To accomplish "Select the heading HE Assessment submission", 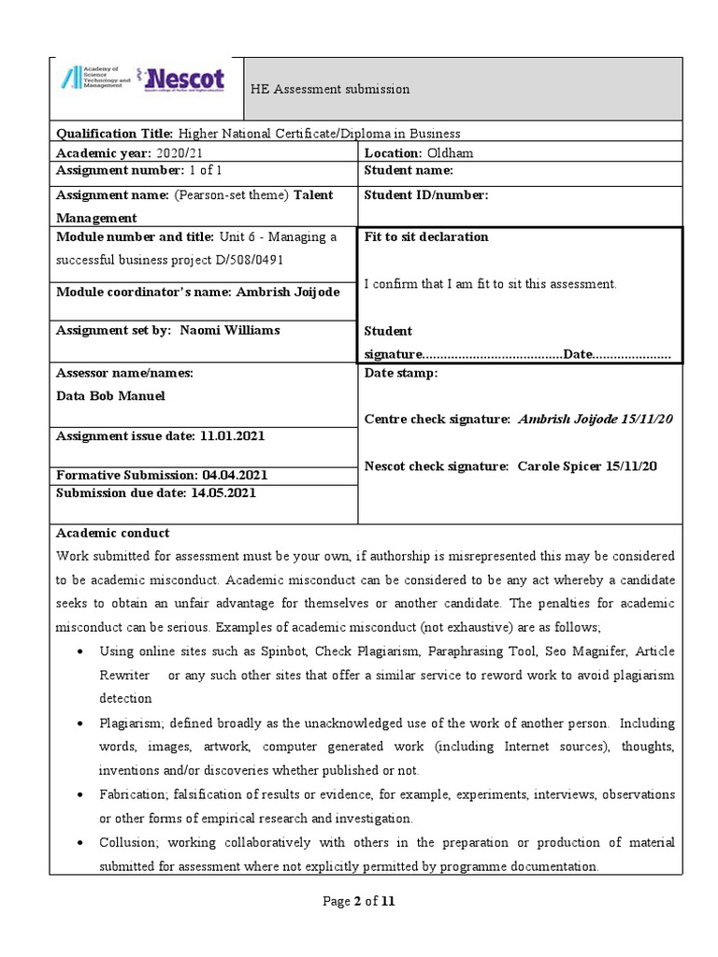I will (x=329, y=90).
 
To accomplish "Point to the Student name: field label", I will (x=409, y=170).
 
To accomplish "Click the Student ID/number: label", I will (x=425, y=195).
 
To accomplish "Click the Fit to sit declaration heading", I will (x=425, y=237).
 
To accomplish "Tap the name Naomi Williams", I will (x=229, y=330).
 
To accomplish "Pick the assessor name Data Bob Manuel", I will (x=110, y=395).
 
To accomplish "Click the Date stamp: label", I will (x=400, y=373).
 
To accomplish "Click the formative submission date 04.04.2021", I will (x=239, y=475).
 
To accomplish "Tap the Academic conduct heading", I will (x=113, y=533).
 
